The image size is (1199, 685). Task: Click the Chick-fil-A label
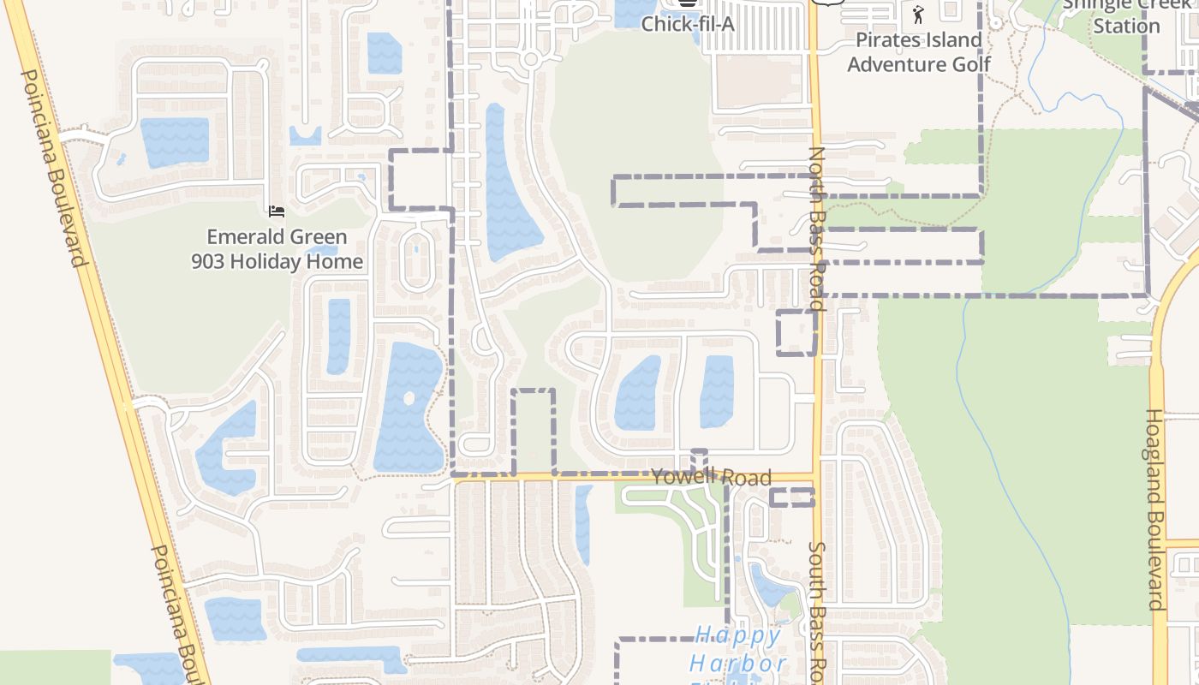coord(688,23)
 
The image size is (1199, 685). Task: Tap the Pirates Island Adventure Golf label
coord(918,52)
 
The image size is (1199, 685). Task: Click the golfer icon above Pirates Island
coord(919,14)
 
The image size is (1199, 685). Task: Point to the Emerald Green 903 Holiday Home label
coord(277,249)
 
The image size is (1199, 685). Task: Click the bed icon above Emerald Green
coord(276,211)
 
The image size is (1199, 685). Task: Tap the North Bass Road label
coord(816,228)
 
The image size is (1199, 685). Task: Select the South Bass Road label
coord(818,612)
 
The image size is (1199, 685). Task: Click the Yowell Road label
coord(711,477)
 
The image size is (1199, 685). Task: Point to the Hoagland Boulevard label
coord(1155,509)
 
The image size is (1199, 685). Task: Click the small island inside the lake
coord(409,398)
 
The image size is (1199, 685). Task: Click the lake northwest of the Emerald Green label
coord(175,141)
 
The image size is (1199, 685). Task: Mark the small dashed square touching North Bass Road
coord(796,332)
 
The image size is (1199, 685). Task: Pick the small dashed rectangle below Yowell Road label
coord(791,497)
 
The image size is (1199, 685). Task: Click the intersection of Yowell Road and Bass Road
coord(816,477)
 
